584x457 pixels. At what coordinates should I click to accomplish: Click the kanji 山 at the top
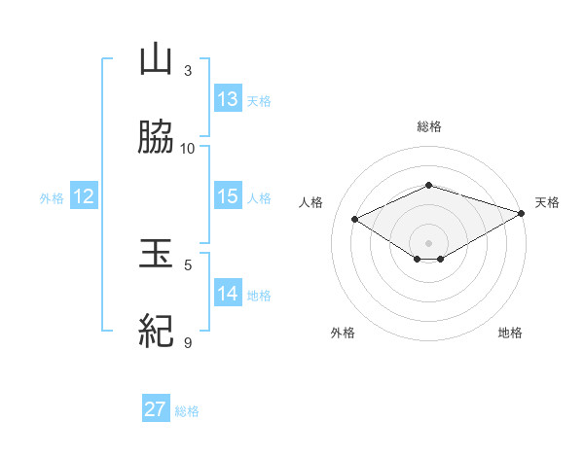(156, 60)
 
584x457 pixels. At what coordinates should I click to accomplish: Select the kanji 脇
(156, 138)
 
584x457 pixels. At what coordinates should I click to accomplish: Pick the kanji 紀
(156, 333)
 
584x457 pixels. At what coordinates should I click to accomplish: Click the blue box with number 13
(228, 99)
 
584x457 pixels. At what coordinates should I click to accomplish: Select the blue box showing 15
(228, 196)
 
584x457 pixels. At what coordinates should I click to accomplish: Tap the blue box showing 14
(228, 294)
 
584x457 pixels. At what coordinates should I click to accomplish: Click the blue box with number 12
(84, 196)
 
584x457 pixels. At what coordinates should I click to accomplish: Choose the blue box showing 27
(156, 409)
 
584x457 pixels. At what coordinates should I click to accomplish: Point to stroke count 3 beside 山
(188, 71)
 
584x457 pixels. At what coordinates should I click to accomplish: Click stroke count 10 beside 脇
(188, 149)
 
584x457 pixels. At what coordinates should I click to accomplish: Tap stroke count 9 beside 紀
(188, 342)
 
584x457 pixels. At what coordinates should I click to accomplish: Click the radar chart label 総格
(429, 126)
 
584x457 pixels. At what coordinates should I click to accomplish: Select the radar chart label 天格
(547, 202)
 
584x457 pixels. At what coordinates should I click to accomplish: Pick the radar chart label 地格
(510, 333)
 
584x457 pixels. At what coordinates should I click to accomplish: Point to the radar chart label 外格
(343, 333)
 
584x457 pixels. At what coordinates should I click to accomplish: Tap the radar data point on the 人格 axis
(355, 219)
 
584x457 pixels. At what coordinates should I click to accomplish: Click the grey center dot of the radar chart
(429, 242)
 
